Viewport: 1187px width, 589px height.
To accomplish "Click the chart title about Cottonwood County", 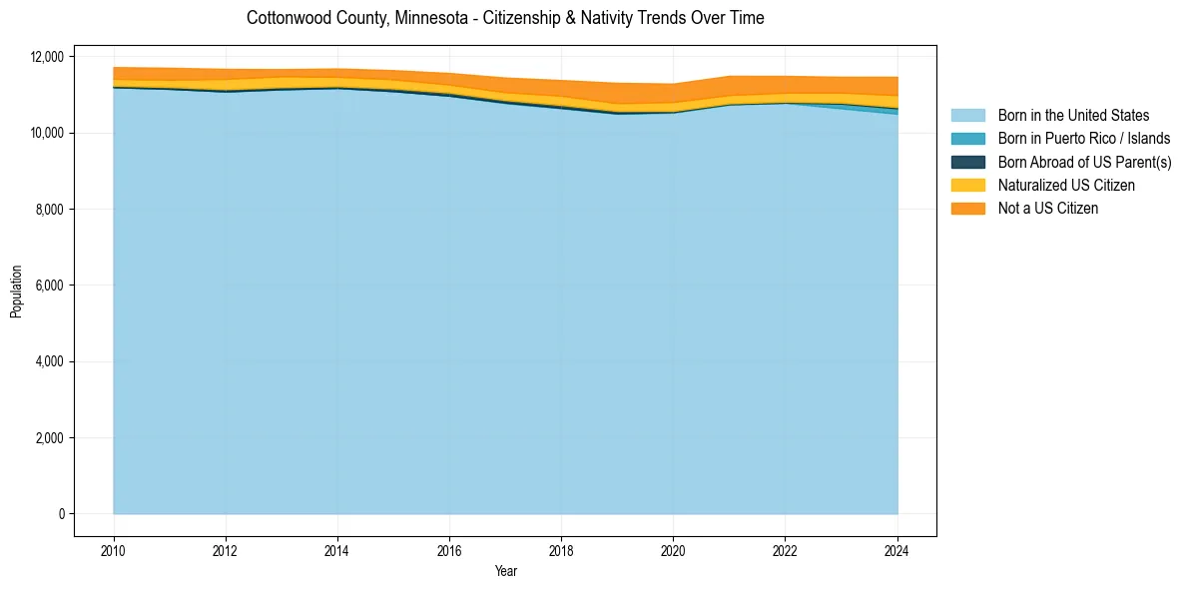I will (505, 18).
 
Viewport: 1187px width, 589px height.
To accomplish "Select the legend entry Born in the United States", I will (1073, 116).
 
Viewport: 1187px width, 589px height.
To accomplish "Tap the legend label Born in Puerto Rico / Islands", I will (1084, 139).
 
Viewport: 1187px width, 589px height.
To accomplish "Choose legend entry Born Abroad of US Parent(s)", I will (1084, 162).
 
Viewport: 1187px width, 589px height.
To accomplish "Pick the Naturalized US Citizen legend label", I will (1066, 186).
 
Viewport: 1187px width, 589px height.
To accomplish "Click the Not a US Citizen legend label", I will (1048, 209).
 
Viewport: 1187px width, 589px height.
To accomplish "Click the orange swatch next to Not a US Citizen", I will (967, 209).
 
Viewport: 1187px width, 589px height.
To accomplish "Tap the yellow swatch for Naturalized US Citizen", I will (967, 186).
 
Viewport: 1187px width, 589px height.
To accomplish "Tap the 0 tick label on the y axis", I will (61, 514).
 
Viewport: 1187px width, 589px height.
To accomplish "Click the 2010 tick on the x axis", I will (114, 549).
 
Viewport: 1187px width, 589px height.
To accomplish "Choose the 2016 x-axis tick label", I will (449, 549).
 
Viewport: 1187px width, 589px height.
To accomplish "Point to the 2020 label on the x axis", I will (673, 549).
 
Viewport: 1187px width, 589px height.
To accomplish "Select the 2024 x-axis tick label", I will (897, 549).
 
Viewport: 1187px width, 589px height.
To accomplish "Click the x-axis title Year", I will (505, 571).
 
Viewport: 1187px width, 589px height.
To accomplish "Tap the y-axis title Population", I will (16, 292).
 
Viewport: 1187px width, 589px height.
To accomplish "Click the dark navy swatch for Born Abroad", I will (967, 162).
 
